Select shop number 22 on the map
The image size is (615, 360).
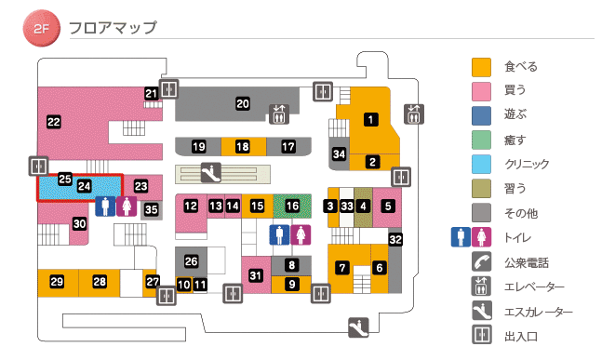click(x=54, y=121)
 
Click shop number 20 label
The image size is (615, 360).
click(x=243, y=103)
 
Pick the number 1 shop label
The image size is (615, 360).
click(x=370, y=119)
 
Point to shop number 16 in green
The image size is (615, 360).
click(x=293, y=205)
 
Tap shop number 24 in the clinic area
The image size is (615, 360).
click(x=84, y=186)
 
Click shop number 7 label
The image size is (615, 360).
click(x=342, y=268)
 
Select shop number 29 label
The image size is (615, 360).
click(x=57, y=281)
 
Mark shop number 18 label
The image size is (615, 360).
click(x=243, y=147)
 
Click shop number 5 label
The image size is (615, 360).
click(x=389, y=205)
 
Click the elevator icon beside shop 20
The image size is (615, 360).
click(x=280, y=114)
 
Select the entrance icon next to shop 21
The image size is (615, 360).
click(x=168, y=89)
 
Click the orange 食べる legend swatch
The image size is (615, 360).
click(x=481, y=67)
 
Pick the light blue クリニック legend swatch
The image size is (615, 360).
click(x=481, y=164)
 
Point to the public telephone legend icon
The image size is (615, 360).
click(x=481, y=262)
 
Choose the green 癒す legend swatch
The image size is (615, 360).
click(x=481, y=140)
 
